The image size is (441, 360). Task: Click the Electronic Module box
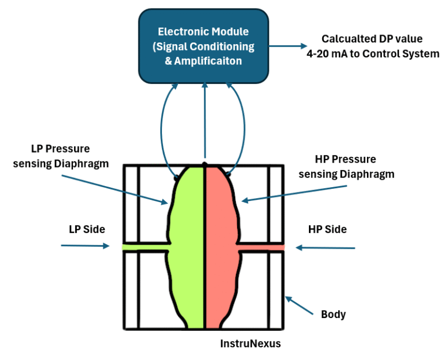click(204, 46)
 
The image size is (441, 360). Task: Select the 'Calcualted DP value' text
click(372, 39)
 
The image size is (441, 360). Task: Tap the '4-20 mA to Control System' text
click(372, 54)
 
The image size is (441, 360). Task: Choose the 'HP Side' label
click(327, 229)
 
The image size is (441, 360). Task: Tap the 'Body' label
click(333, 314)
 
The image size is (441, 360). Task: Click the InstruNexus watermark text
click(250, 343)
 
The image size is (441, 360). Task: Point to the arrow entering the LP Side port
click(84, 246)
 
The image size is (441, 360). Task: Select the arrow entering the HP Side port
click(326, 248)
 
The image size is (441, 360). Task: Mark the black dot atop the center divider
click(204, 164)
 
